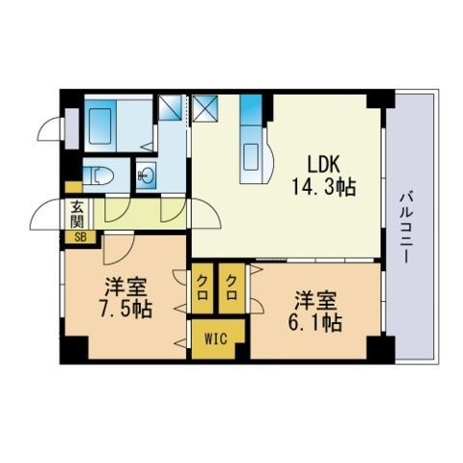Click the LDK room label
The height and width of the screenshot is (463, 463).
(x=323, y=164)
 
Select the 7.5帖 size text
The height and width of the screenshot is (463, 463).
(x=125, y=310)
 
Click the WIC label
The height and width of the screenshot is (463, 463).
(x=216, y=339)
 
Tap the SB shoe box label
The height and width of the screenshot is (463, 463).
(x=80, y=238)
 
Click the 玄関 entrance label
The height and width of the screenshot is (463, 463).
(x=77, y=213)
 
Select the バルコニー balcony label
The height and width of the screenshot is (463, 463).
(x=406, y=228)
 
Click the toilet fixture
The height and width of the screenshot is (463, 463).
(x=98, y=176)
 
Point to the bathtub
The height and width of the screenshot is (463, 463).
(x=100, y=126)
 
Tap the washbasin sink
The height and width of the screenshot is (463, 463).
(x=147, y=176)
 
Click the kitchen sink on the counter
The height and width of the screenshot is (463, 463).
(x=252, y=157)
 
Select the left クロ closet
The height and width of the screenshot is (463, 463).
(x=202, y=288)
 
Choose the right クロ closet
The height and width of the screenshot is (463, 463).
(x=231, y=288)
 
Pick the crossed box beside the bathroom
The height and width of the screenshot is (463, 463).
(x=171, y=107)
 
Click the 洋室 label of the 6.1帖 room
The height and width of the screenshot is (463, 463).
(x=315, y=301)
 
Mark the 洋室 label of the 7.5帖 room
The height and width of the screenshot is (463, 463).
(x=126, y=287)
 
